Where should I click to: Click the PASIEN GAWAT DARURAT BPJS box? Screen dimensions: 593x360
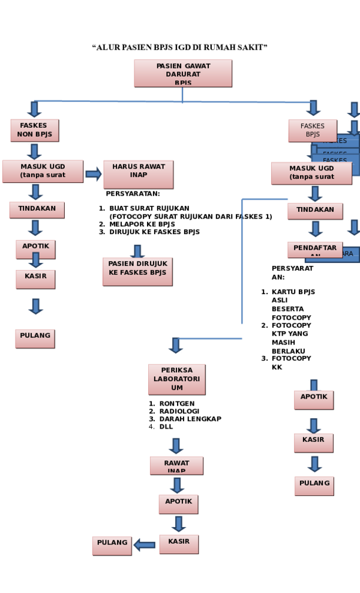(182, 73)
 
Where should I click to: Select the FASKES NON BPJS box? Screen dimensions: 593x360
(34, 130)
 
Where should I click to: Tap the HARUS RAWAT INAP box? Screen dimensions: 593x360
(138, 174)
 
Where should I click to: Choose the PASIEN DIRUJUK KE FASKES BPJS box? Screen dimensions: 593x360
(137, 271)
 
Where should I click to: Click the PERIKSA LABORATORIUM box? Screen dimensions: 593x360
(176, 379)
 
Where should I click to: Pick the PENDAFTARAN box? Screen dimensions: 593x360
(314, 250)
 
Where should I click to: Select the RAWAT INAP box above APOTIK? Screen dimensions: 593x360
(176, 465)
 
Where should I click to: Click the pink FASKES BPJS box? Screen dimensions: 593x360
(312, 130)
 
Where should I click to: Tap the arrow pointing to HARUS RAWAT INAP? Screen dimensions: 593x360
(93, 174)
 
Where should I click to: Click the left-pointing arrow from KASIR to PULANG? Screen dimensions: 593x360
(144, 544)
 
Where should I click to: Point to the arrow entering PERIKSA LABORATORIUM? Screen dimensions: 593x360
(176, 345)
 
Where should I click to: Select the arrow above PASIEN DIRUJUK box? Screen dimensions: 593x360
(137, 250)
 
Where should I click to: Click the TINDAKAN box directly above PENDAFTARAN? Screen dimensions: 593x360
(314, 211)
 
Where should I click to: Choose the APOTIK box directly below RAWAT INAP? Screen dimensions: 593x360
(178, 504)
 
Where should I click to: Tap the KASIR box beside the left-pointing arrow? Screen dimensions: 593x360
(179, 544)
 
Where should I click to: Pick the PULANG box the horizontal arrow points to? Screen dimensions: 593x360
(112, 545)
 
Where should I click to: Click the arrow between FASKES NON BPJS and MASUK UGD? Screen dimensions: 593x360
(34, 151)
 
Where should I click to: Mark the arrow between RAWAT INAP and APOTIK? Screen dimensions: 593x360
(177, 484)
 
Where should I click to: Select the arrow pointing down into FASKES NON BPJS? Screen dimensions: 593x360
(34, 109)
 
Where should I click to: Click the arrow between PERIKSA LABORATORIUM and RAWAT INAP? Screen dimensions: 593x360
(176, 445)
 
